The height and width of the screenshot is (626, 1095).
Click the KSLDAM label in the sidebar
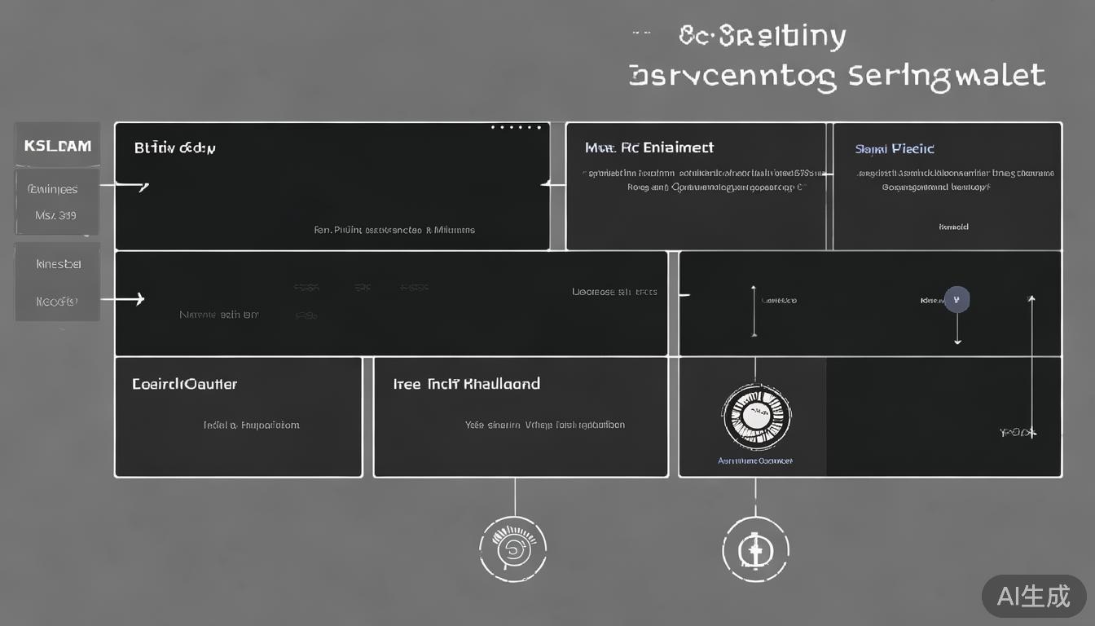click(x=57, y=147)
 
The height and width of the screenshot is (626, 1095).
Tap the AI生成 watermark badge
click(x=1034, y=597)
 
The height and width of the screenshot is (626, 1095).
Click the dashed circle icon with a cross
click(x=755, y=549)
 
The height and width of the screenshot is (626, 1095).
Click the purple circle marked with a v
click(x=956, y=299)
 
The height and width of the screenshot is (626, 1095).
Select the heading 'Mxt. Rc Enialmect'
click(x=649, y=148)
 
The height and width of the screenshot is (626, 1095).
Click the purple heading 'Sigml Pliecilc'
click(x=894, y=149)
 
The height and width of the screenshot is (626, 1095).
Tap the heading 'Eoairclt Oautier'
click(x=185, y=384)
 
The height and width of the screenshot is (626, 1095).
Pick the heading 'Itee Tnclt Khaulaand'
click(x=466, y=384)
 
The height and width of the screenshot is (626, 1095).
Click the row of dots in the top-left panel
click(x=516, y=128)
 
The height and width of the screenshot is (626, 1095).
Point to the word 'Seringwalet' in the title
click(x=946, y=76)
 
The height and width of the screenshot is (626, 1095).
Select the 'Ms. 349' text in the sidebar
click(x=55, y=215)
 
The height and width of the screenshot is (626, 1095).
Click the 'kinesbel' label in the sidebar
click(x=58, y=264)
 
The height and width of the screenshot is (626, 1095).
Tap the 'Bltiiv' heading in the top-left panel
click(x=174, y=148)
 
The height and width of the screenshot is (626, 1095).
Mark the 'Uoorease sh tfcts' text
click(x=614, y=291)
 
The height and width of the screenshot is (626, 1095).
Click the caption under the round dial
click(x=754, y=461)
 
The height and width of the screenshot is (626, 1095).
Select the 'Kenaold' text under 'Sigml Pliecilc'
click(x=953, y=227)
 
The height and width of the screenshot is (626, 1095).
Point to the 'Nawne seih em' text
click(x=218, y=314)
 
